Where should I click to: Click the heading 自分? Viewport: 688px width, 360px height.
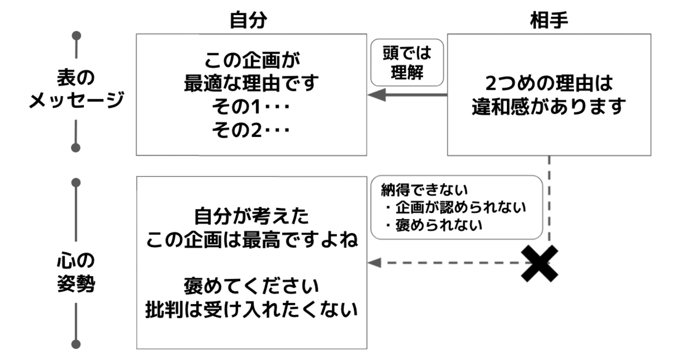[x=248, y=20]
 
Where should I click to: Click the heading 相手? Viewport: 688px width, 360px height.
[x=549, y=20]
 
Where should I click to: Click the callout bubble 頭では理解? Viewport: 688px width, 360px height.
[x=407, y=62]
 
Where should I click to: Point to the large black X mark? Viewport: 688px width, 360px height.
[x=540, y=263]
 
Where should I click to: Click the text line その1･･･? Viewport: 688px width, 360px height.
[x=251, y=107]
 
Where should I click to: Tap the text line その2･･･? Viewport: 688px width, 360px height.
[x=251, y=131]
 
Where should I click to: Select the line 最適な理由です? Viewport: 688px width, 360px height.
[x=251, y=84]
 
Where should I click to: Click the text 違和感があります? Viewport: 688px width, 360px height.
[x=549, y=107]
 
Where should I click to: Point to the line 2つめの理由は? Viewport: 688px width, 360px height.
[x=549, y=83]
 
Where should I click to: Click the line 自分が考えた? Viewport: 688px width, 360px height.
[x=251, y=217]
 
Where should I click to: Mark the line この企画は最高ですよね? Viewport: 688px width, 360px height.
[x=251, y=240]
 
